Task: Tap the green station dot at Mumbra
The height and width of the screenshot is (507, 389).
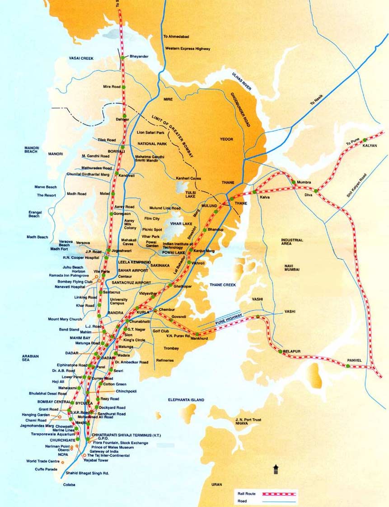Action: coord(294,182)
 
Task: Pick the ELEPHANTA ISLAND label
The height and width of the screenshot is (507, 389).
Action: coord(186,400)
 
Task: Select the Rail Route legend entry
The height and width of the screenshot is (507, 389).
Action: coord(246,494)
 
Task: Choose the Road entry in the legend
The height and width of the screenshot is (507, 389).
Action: coord(243,501)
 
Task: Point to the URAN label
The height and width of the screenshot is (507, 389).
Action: coord(216,484)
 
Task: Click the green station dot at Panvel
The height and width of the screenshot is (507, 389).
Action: coord(348,365)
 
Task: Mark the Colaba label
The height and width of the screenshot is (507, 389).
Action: coord(69,485)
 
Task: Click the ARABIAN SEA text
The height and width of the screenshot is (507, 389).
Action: coord(30,359)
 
